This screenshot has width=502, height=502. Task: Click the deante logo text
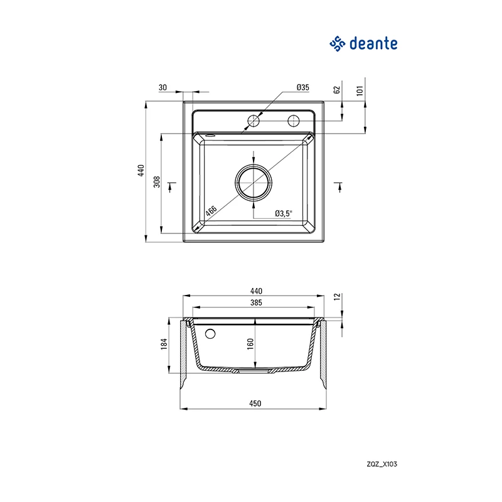point(373,43)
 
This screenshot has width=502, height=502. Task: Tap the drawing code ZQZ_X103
point(382,464)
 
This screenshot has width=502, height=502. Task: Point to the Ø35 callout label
point(302,87)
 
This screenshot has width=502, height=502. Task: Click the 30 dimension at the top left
point(163,87)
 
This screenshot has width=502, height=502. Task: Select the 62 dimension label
point(337,90)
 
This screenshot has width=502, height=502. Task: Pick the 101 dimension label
point(360,90)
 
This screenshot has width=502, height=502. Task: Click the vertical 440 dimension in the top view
point(141,171)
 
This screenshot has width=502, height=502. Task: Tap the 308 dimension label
point(156,181)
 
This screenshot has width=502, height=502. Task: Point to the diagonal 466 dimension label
point(211,211)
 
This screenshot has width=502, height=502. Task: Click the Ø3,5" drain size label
point(284,213)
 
